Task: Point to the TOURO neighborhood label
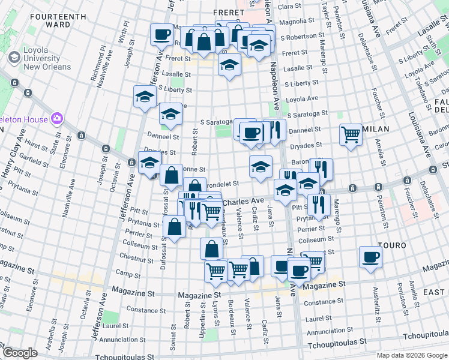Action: pos(392,245)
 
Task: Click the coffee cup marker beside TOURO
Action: pos(370,258)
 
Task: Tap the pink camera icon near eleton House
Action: pos(58,118)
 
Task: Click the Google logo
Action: pos(20,353)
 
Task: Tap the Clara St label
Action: pos(289,5)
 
